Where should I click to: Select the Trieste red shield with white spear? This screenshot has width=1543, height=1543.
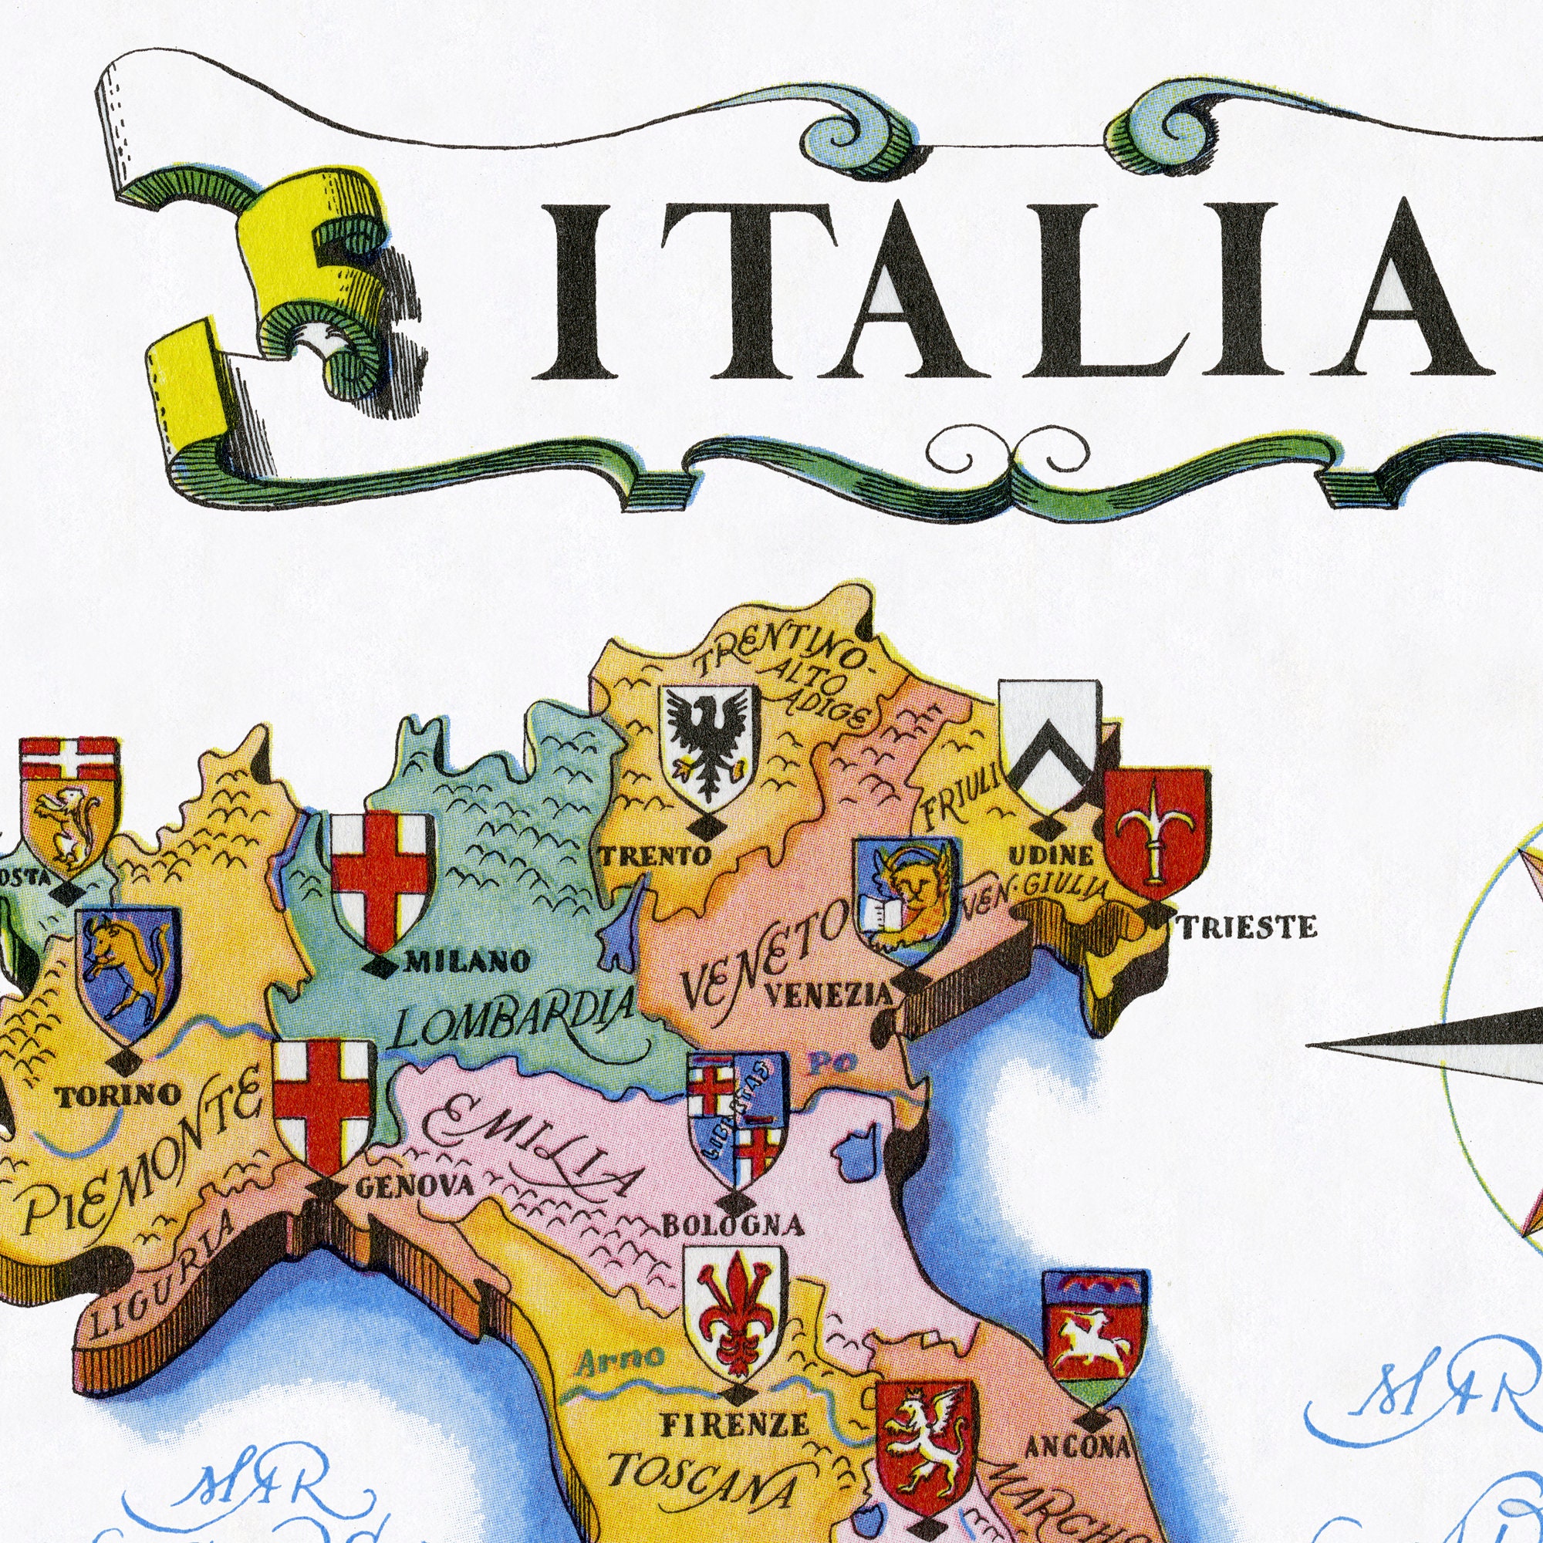click(1156, 832)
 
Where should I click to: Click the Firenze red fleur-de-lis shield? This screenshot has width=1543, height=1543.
click(735, 1307)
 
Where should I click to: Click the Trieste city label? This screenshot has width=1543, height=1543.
click(1248, 927)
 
